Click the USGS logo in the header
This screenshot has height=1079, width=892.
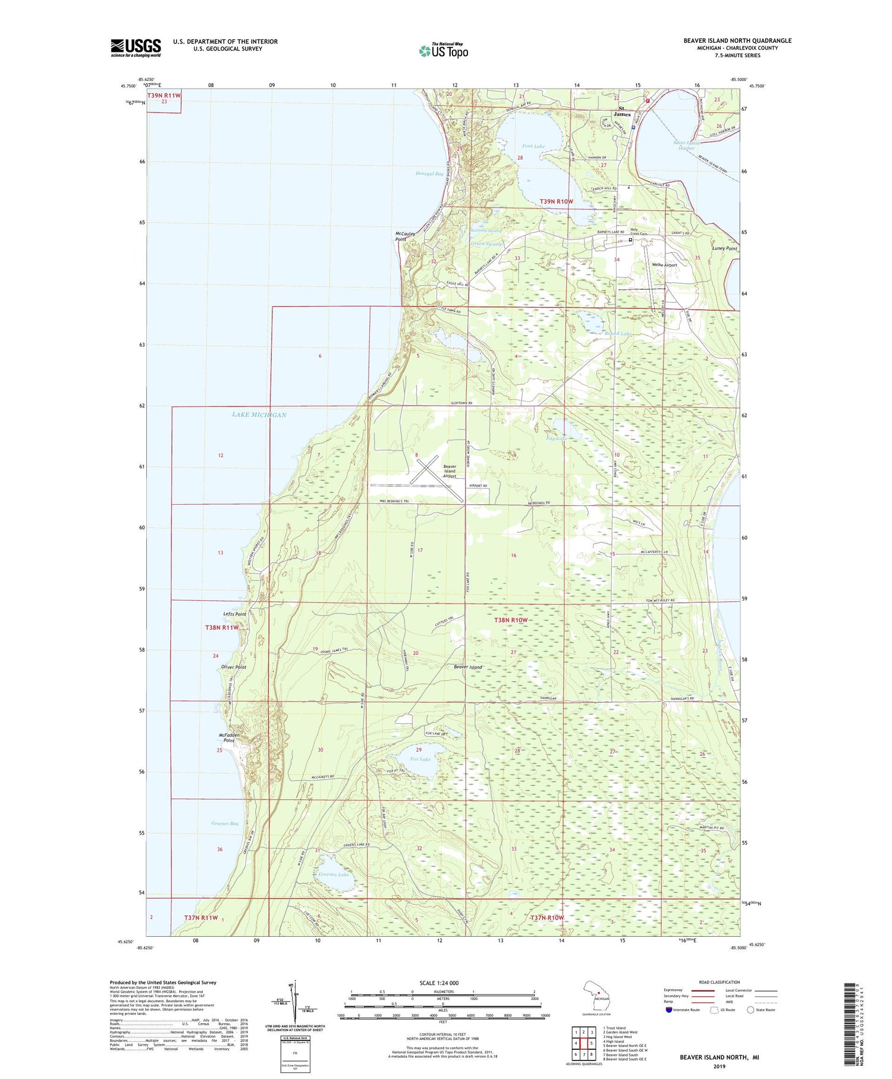pos(136,48)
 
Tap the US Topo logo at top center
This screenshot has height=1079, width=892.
pos(443,51)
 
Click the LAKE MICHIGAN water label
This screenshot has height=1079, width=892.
pos(259,415)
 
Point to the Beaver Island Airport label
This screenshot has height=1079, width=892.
pos(450,471)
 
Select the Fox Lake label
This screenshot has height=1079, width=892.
pos(420,759)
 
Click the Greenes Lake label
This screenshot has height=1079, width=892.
pos(334,874)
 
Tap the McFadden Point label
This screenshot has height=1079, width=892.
pos(229,738)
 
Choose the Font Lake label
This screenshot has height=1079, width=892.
pos(533,146)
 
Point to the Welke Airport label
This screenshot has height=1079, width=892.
pos(665,265)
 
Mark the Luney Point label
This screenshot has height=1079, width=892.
pos(724,248)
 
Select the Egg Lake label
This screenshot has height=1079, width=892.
pos(557,438)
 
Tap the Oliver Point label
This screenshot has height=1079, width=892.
pos(233,667)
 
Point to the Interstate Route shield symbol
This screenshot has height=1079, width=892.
pos(668,1010)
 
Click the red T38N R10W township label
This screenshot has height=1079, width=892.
pos(511,620)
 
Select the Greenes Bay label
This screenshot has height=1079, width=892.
pos(225,824)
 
